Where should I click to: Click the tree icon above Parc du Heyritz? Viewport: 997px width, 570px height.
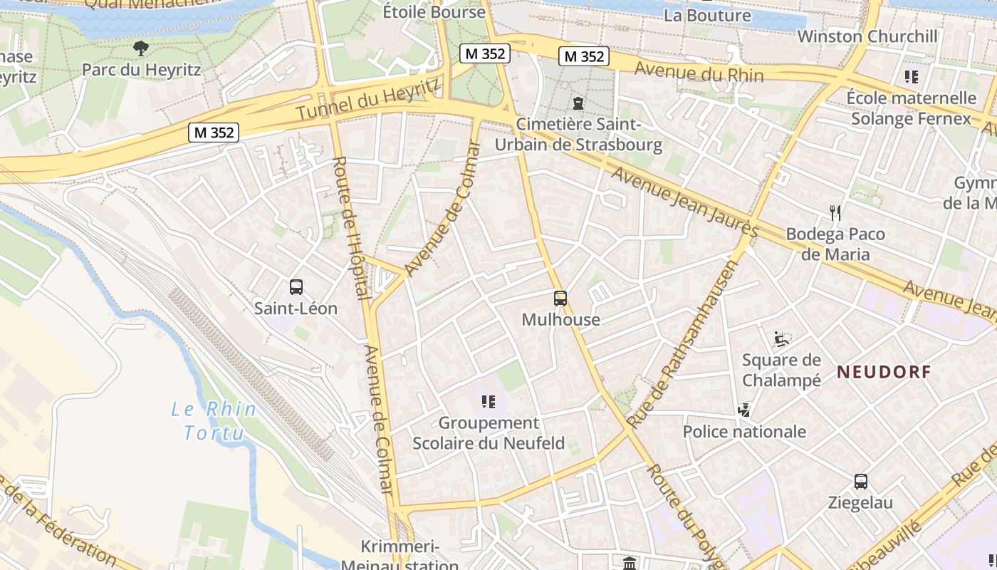pos(141,48)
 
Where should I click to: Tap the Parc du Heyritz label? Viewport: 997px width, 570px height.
pos(141,70)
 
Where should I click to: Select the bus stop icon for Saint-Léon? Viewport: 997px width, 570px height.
pos(296,287)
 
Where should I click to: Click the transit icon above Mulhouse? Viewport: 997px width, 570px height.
pos(560,299)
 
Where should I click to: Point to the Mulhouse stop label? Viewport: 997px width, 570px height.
pos(560,319)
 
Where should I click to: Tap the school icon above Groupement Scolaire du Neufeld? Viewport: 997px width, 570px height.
pos(488,402)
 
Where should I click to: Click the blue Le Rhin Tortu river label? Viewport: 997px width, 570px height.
pos(214,420)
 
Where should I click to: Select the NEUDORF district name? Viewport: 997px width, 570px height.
pos(884,371)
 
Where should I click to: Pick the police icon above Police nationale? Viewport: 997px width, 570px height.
pos(744,410)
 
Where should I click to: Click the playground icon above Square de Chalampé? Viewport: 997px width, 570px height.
pos(781,338)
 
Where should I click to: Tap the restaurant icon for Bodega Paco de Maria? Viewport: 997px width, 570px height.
pos(835,212)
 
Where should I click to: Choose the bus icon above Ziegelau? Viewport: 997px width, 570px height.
pos(860,481)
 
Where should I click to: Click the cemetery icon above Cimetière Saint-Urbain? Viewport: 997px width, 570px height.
pos(578,103)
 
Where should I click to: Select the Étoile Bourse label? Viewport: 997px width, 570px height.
pos(434,11)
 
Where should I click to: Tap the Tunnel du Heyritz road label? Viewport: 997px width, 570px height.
pos(367,100)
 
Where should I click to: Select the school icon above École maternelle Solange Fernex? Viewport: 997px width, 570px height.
pos(911,76)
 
